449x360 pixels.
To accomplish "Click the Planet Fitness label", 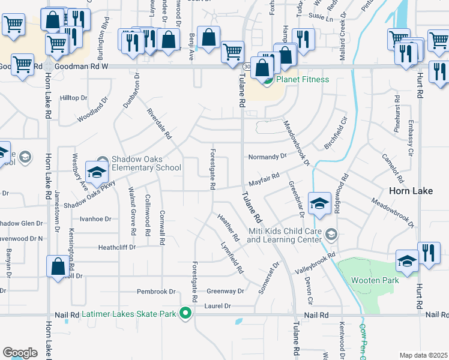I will [x=302, y=79].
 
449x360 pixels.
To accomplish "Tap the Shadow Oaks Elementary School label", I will [x=146, y=164].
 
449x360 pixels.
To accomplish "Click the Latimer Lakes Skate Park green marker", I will [x=186, y=313].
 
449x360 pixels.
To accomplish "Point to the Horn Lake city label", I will [x=408, y=191].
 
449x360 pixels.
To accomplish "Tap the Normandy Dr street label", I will [x=268, y=157].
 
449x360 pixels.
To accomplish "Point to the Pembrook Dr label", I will [x=156, y=292].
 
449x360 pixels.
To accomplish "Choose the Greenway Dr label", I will [x=225, y=291].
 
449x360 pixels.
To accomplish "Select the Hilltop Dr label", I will [x=74, y=98].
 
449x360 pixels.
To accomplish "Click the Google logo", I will [x=20, y=353].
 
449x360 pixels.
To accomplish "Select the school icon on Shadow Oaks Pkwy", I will [x=96, y=172].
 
